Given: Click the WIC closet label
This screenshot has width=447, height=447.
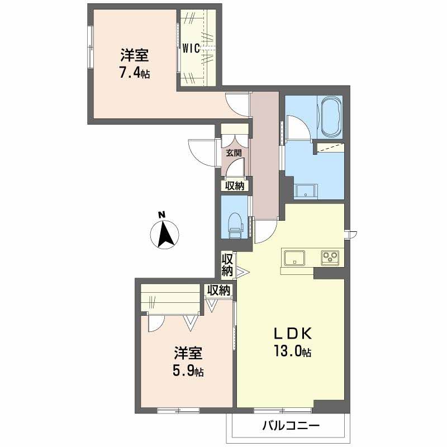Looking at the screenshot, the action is tap(191, 49).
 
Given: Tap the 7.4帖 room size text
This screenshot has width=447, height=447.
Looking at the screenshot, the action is tap(134, 73).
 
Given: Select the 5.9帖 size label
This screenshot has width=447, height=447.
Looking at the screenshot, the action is tap(188, 372).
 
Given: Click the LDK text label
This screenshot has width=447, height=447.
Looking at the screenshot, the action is tap(293, 334).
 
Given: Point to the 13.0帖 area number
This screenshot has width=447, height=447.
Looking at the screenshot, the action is tap(292, 351).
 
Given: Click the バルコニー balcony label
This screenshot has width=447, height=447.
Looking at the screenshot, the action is tap(291, 426).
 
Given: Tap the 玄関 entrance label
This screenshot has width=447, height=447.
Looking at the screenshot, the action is tap(234, 153).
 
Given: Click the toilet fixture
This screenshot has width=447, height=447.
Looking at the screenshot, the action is tap(235, 225).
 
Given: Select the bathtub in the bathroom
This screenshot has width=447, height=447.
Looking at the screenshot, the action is tap(331, 117).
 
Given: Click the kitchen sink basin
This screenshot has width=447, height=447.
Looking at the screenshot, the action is tap(294, 258).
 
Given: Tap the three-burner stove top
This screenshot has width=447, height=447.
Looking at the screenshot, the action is tap(330, 258).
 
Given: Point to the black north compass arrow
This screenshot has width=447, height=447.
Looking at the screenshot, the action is tap(165, 234).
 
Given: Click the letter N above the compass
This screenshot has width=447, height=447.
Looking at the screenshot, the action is tap(162, 215).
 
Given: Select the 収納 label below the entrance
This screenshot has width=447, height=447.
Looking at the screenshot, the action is tap(235, 186).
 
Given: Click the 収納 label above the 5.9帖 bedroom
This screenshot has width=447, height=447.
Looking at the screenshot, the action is tap(218, 291).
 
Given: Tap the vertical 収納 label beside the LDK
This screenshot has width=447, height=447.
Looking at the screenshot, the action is tap(227, 265).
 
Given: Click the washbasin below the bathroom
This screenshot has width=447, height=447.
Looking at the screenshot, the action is tap(306, 191).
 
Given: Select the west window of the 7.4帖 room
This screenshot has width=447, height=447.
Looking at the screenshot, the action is tap(91, 47).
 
